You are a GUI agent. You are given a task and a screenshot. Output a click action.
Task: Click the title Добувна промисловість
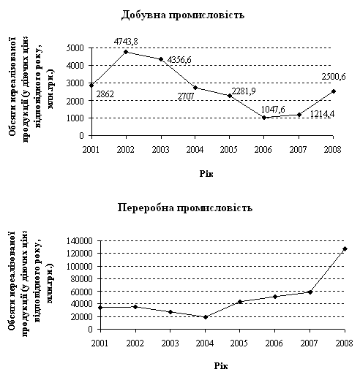pos(183,15)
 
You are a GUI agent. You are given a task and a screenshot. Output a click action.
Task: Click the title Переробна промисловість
pos(185,208)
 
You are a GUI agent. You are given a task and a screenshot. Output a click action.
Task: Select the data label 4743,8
pos(126,42)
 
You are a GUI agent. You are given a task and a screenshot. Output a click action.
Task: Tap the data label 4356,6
pos(179,60)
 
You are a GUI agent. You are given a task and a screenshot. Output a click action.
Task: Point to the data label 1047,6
pos(273,110)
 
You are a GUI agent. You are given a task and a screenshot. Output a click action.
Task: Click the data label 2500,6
pos(334,77)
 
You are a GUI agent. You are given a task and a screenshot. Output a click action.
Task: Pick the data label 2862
pos(105,94)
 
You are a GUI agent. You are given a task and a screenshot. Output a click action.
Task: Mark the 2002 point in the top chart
pos(126,52)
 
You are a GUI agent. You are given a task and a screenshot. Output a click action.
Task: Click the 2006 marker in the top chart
pos(264,118)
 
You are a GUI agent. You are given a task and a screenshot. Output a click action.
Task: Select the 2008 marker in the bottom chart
pos(345,248)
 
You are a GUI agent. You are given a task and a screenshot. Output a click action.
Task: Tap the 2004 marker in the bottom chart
pos(206,317)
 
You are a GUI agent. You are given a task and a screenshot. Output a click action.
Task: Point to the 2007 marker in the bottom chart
pos(310,292)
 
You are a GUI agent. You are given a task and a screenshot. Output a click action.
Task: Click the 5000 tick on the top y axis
pos(75,48)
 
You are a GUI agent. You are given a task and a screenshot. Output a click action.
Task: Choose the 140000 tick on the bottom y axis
pos(80,241)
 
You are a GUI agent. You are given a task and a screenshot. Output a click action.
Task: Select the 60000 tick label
pos(82,292)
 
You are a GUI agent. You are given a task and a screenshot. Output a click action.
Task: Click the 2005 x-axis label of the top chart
pos(229,149)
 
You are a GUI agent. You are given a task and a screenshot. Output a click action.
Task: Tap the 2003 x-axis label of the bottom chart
pos(170,343)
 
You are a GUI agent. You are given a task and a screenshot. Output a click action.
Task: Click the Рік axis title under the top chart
pos(206,174)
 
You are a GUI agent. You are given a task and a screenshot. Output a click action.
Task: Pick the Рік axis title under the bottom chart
pos(221,366)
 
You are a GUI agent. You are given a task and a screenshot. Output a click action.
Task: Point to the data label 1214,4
pos(322,114)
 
